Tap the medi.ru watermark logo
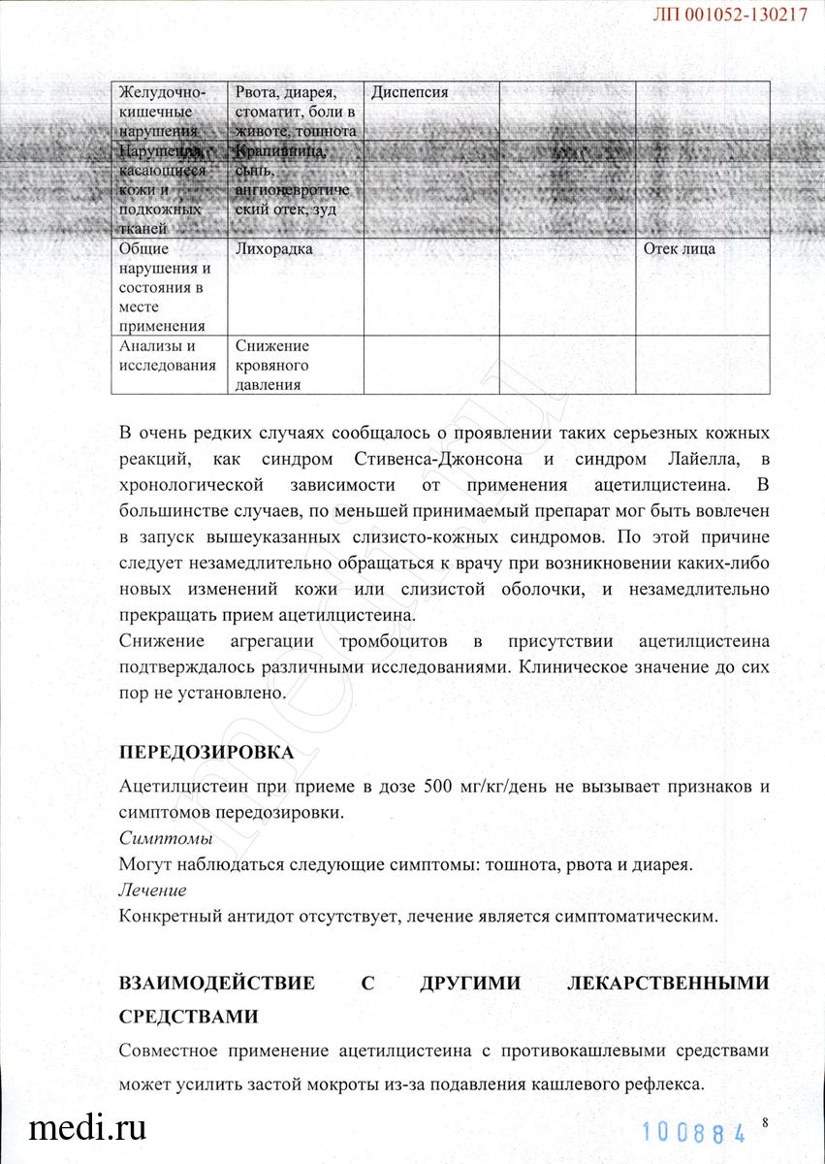(88, 1127)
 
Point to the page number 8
(765, 1122)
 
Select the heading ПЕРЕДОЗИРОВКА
(206, 753)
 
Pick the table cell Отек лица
(680, 249)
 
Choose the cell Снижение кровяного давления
(272, 365)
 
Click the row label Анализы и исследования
(166, 355)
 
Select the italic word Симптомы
(166, 837)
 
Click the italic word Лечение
(152, 889)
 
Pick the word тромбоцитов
(392, 642)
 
